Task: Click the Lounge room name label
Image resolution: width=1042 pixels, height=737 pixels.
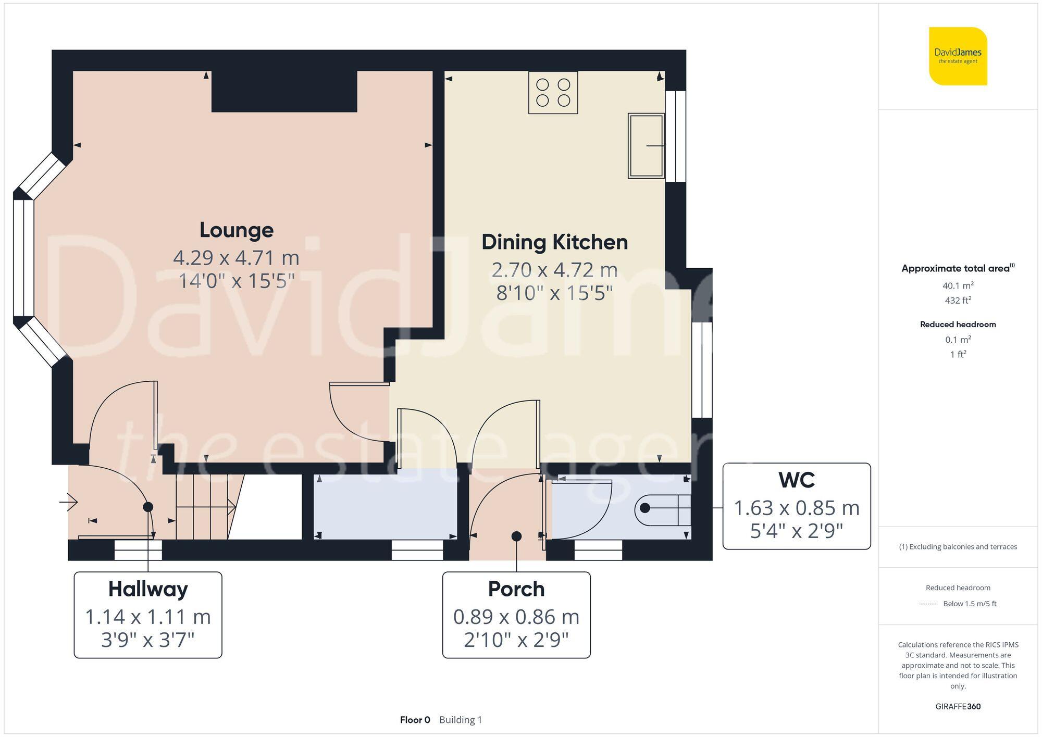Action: click(237, 230)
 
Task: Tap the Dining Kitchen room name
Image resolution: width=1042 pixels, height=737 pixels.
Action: click(554, 242)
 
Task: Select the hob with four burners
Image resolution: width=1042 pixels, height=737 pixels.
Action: click(553, 93)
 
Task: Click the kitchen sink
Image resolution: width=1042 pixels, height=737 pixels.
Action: click(646, 146)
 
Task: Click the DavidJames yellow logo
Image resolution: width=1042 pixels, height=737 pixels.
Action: click(958, 56)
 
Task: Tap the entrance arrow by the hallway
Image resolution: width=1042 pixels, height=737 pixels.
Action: click(69, 503)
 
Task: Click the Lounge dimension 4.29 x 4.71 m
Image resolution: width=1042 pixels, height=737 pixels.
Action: click(236, 258)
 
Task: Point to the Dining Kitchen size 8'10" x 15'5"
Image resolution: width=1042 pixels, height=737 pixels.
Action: click(554, 293)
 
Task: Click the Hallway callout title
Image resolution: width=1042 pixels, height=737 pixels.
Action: click(148, 589)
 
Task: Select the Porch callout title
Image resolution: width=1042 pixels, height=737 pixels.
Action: click(516, 589)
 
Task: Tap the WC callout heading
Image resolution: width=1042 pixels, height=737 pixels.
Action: click(797, 480)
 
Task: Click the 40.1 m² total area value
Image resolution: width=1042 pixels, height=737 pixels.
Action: click(958, 285)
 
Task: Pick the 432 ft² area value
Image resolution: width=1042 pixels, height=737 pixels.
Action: click(958, 301)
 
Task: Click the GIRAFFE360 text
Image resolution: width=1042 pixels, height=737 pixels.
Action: click(958, 707)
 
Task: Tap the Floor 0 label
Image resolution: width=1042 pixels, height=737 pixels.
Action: click(415, 720)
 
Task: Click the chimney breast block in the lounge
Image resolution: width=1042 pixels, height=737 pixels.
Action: click(284, 92)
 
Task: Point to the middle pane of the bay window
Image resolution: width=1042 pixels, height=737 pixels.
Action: click(23, 258)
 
